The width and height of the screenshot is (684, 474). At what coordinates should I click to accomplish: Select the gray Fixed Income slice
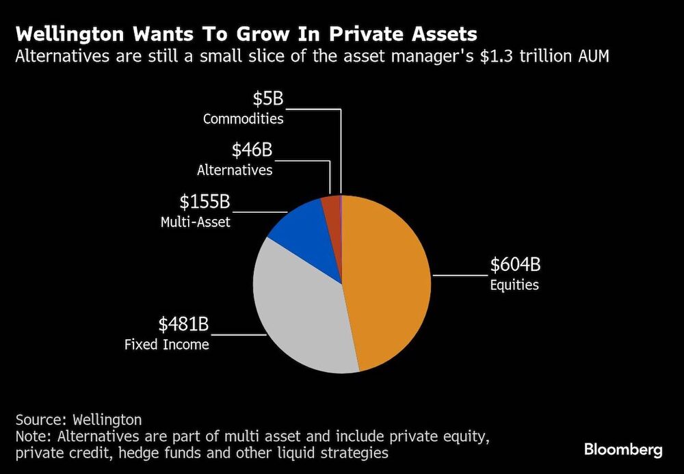coord(301,315)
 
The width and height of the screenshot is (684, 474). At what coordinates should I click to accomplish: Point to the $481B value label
coord(184,324)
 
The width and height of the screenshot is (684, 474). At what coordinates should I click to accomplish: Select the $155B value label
coord(205,202)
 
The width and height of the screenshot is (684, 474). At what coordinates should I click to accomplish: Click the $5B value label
coord(267,98)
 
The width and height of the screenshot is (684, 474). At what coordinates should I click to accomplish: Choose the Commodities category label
coord(243,119)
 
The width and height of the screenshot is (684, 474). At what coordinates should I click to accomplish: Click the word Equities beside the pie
coord(514,285)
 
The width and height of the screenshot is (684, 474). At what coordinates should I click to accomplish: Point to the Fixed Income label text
coord(166,345)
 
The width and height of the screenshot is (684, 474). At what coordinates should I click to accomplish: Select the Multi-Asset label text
coord(196,222)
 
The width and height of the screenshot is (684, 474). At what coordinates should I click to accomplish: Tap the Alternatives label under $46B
coord(235,170)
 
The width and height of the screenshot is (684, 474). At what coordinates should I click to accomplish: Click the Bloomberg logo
coord(622,449)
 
